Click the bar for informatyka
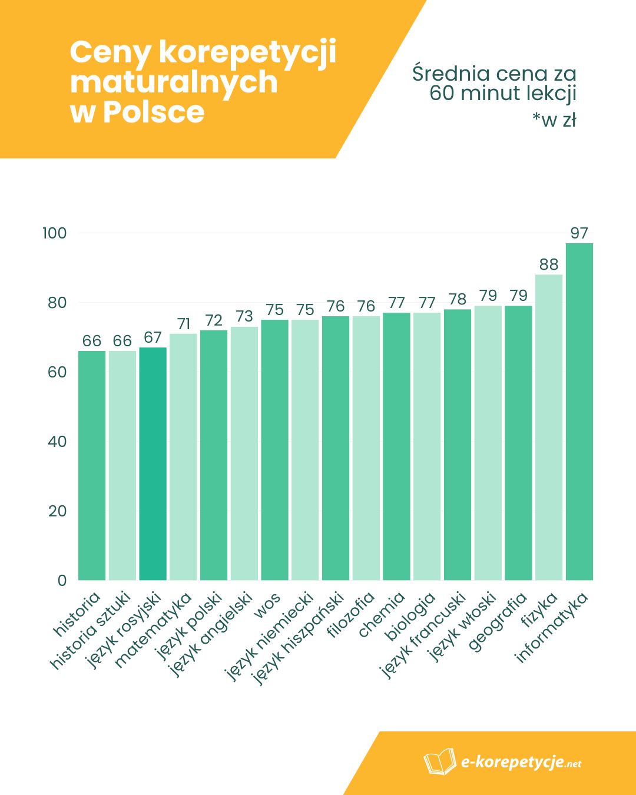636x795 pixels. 579,412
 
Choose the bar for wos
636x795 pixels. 274,450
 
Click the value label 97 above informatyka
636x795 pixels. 579,233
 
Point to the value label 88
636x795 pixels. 548,264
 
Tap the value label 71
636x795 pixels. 183,324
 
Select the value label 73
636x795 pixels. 244,317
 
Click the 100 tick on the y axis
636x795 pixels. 55,233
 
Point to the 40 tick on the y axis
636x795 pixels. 57,442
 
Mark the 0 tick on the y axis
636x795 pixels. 62,581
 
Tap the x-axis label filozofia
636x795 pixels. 351,615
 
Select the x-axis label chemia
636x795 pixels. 382,615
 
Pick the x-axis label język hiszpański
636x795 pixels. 299,638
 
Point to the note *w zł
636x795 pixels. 554,120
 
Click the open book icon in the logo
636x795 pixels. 439,762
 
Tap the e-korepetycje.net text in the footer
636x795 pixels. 521,763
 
